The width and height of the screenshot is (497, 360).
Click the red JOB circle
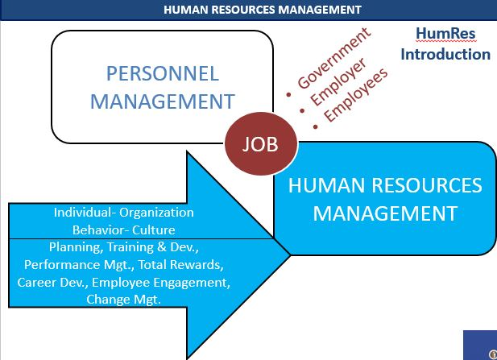(x=260, y=145)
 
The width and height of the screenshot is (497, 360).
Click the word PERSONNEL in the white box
(x=163, y=74)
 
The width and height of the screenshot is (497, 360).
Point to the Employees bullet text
(x=355, y=96)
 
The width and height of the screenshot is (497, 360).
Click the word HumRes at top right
(x=445, y=34)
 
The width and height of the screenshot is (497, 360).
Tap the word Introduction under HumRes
(x=445, y=55)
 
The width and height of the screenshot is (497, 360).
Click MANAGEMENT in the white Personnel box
(x=163, y=101)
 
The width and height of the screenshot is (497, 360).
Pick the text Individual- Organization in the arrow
(x=124, y=213)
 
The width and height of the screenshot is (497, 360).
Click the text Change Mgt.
(x=124, y=300)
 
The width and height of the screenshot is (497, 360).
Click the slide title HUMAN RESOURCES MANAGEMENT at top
(x=251, y=10)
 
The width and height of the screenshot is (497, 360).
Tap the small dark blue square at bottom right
(x=480, y=344)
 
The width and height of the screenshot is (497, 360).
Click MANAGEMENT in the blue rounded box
(x=384, y=213)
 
